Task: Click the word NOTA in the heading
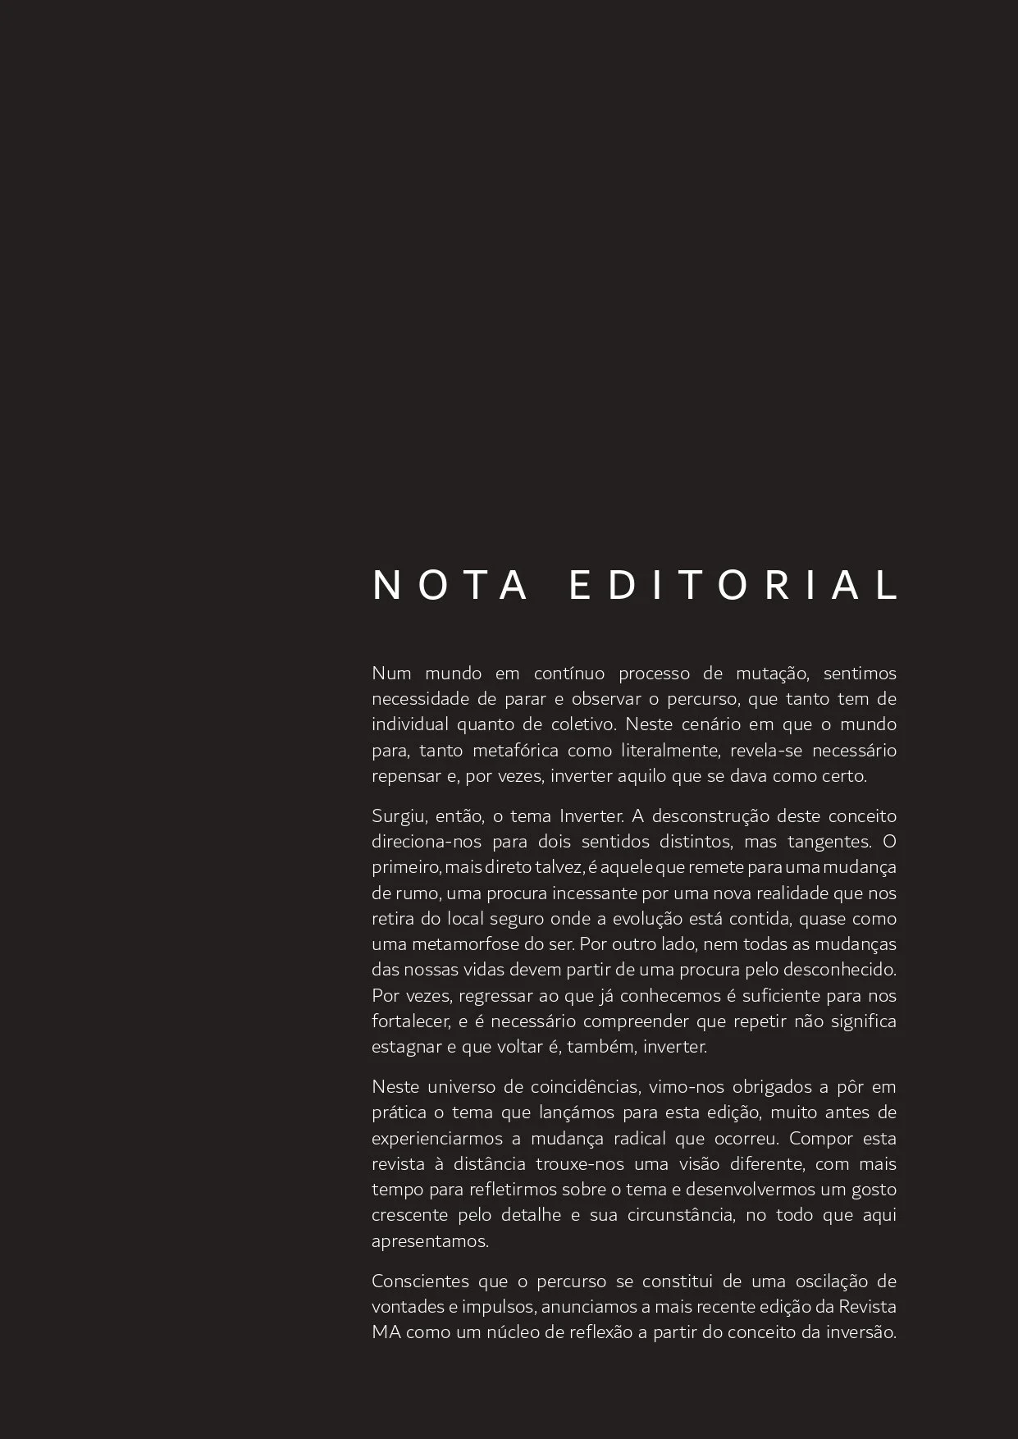[x=450, y=586]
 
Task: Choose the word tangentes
[x=829, y=842]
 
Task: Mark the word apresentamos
[x=430, y=1241]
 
